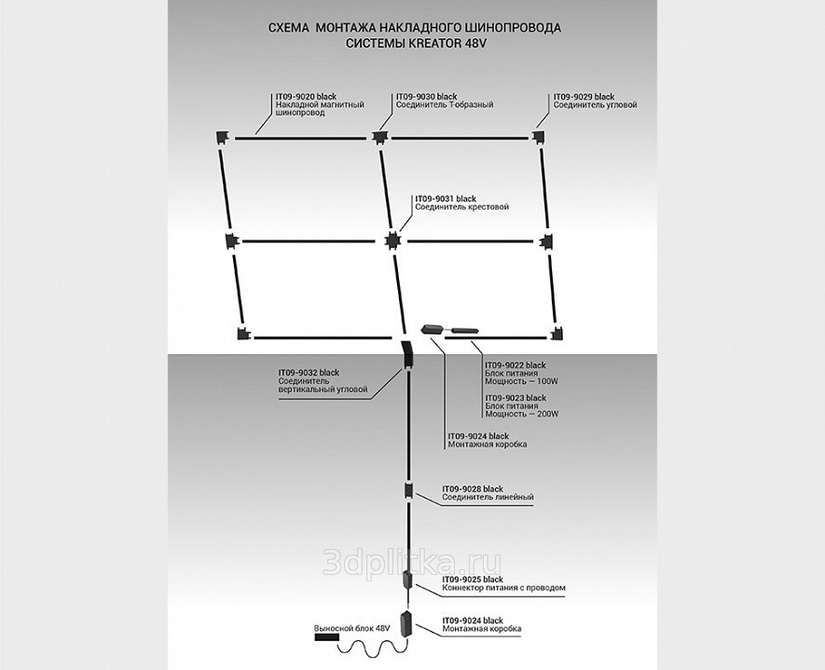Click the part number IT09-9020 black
(306, 97)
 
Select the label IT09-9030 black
(426, 97)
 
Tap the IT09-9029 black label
(584, 97)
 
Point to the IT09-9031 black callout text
(446, 198)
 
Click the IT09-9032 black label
(309, 372)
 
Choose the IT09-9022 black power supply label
(516, 364)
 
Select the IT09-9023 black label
(516, 398)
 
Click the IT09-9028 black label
(473, 488)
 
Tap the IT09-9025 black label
(472, 580)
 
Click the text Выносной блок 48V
(351, 629)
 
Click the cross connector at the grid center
(392, 241)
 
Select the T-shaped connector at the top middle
(378, 138)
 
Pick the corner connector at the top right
(539, 137)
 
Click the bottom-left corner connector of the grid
(242, 335)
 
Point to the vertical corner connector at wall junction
(407, 355)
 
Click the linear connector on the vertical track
(408, 490)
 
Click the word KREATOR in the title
(435, 44)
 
